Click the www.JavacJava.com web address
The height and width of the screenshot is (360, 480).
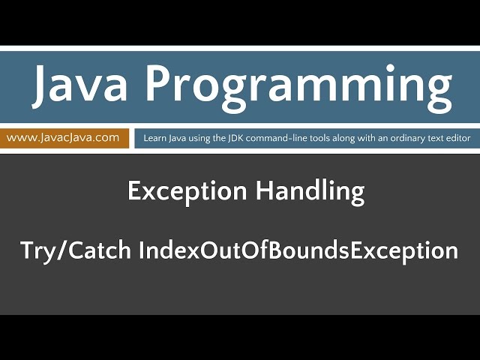[x=63, y=137]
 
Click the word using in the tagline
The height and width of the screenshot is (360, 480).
[x=206, y=138]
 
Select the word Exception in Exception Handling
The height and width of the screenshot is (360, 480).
[x=187, y=192]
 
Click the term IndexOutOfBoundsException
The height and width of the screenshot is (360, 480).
[x=298, y=250]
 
